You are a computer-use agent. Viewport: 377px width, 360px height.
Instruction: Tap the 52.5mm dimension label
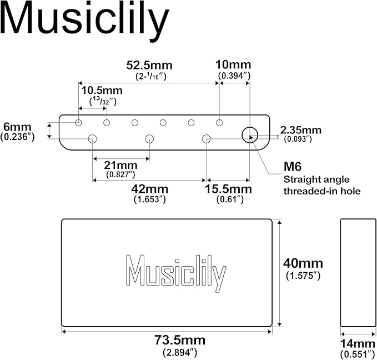tap(149, 65)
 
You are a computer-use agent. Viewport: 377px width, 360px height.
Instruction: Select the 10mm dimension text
tap(233, 65)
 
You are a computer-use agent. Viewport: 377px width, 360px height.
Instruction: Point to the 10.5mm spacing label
tap(102, 91)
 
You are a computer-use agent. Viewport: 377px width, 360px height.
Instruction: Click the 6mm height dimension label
tap(17, 127)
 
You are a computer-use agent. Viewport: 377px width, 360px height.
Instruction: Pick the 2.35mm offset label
tap(300, 130)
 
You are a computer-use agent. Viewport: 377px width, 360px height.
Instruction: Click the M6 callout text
tap(293, 167)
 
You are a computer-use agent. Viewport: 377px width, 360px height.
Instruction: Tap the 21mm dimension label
tap(120, 166)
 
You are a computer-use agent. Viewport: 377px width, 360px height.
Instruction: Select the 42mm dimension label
tap(149, 189)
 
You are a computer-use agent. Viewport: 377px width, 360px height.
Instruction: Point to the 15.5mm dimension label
tap(228, 189)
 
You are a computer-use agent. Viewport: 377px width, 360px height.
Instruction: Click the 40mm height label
tap(303, 263)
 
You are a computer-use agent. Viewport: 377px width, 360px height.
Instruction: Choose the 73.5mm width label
tap(180, 340)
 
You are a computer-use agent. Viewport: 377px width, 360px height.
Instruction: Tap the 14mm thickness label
tap(358, 344)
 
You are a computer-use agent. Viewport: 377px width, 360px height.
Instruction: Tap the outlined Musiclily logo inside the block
tap(176, 273)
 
